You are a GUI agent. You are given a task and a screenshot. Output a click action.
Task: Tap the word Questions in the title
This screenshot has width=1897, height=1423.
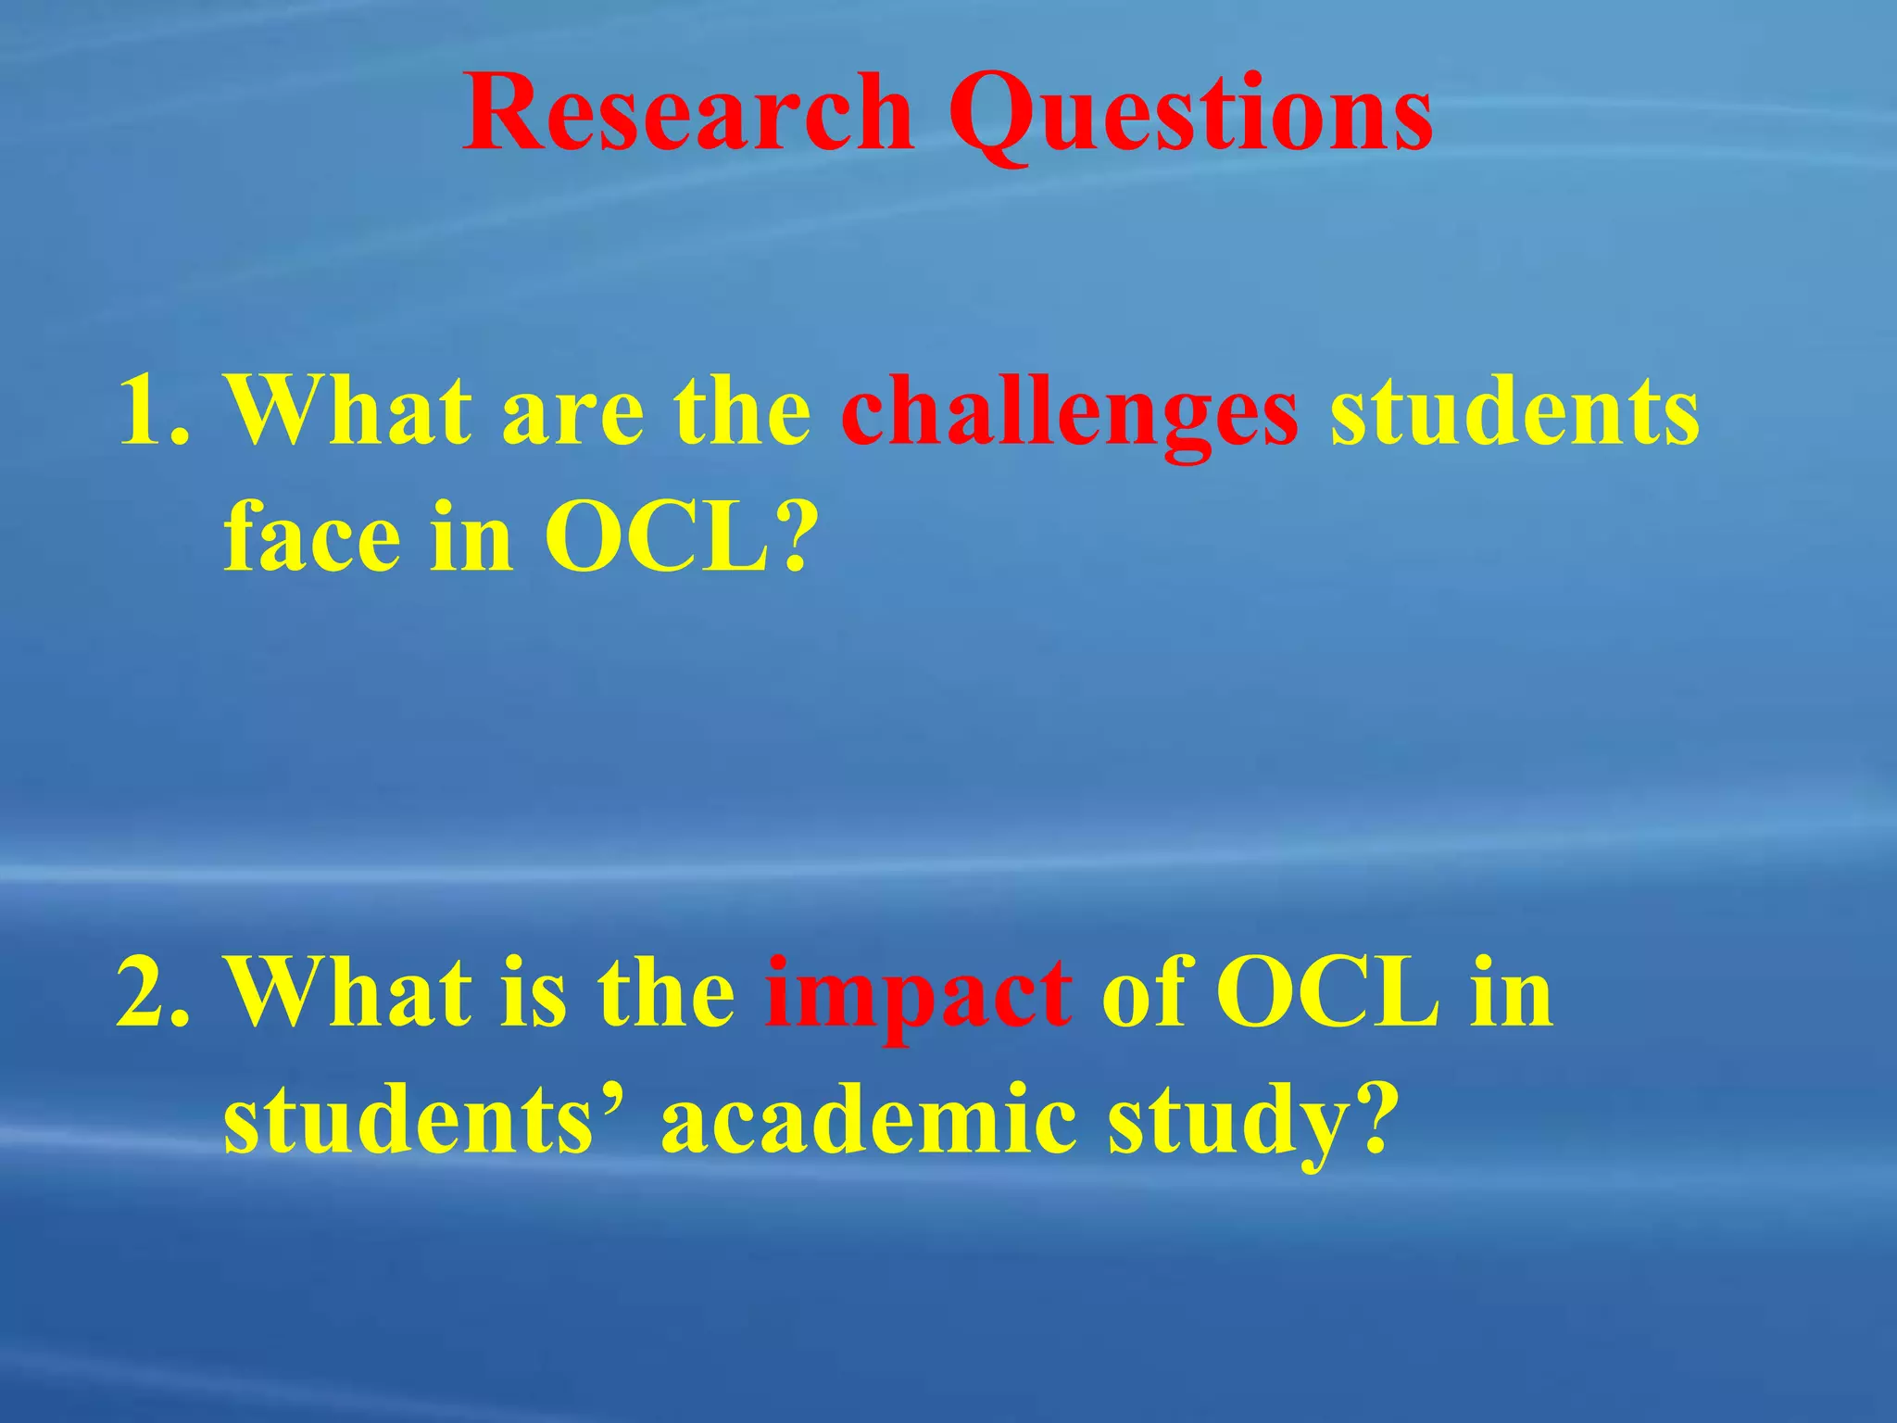(1190, 116)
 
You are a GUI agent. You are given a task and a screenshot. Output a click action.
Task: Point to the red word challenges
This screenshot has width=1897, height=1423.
(1070, 413)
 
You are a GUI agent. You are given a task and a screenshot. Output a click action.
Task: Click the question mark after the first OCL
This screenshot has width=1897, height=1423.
(796, 537)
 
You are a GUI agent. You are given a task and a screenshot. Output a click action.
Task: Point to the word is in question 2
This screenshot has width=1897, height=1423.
(533, 991)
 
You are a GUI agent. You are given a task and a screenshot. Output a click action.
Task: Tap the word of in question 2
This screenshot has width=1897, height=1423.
(1144, 991)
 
